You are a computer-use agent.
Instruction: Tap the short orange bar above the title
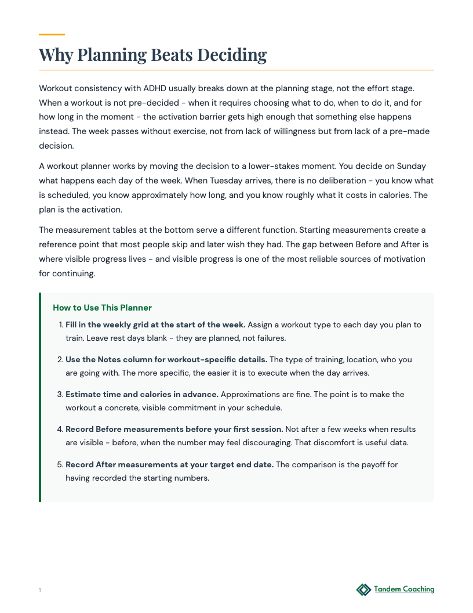click(52, 34)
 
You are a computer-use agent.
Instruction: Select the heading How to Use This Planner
click(102, 308)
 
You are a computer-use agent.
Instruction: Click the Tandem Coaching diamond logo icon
click(363, 590)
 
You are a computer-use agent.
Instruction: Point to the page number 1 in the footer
click(40, 590)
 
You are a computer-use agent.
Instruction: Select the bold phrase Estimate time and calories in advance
click(141, 394)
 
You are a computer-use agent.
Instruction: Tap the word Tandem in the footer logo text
click(387, 589)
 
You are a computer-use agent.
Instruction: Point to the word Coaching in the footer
click(418, 589)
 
